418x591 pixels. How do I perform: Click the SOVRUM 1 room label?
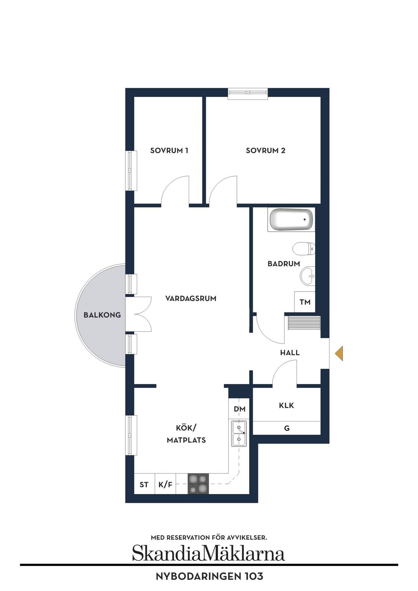169,151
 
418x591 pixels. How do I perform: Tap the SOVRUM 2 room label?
266,151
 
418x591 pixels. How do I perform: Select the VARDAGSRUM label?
191,298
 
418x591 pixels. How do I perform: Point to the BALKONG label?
102,315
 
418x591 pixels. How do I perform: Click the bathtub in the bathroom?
291,219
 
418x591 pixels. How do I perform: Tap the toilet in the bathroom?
304,249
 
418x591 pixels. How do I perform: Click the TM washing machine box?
305,302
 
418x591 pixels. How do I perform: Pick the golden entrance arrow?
339,353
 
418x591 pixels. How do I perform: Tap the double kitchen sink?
239,433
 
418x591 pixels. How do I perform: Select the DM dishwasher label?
240,409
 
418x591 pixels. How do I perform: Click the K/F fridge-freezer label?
165,485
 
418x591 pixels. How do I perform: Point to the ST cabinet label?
144,485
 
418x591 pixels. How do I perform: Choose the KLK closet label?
286,405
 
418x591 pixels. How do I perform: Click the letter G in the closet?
287,428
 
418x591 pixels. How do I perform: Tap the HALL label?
290,353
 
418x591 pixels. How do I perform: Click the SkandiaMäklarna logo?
209,553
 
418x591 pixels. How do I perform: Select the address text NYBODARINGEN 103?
209,576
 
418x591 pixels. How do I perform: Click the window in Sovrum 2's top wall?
248,94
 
